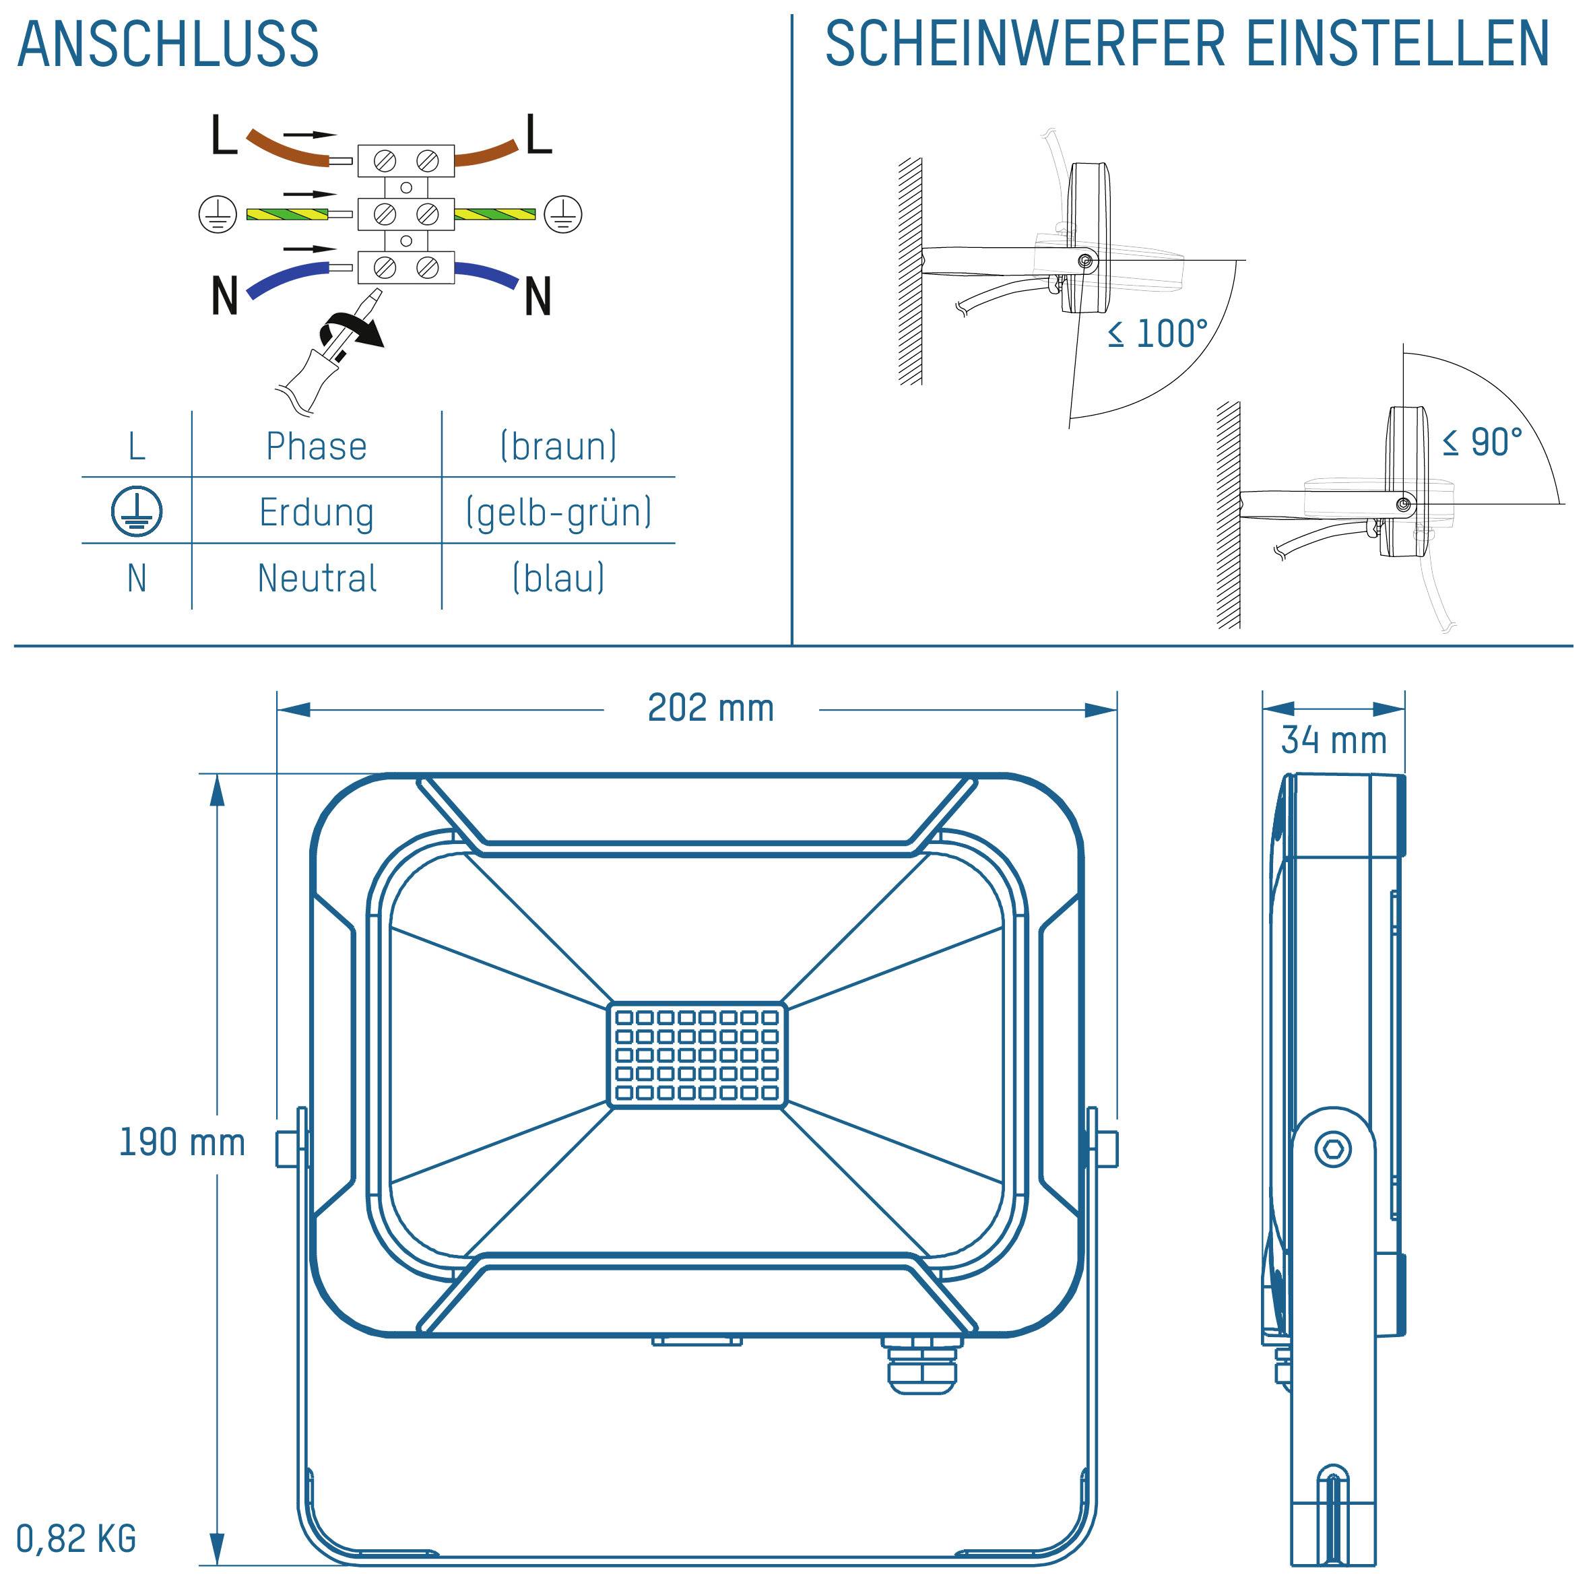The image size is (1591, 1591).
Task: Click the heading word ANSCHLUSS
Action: pyautogui.click(x=168, y=44)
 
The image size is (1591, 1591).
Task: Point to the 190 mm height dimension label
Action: pyautogui.click(x=182, y=1143)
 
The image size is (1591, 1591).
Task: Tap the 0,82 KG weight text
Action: pyautogui.click(x=75, y=1538)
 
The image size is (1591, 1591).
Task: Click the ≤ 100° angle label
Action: pyautogui.click(x=1157, y=334)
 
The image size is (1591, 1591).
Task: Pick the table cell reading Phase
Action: pyautogui.click(x=316, y=447)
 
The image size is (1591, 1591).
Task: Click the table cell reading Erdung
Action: pyautogui.click(x=316, y=512)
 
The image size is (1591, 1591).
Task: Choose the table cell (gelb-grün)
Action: pyautogui.click(x=558, y=512)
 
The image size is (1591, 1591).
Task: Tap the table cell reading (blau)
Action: pyautogui.click(x=558, y=578)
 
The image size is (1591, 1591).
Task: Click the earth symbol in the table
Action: pyautogui.click(x=137, y=511)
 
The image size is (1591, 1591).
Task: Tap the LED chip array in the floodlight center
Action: pyautogui.click(x=696, y=1055)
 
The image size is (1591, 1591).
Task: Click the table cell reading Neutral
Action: pyautogui.click(x=316, y=578)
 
